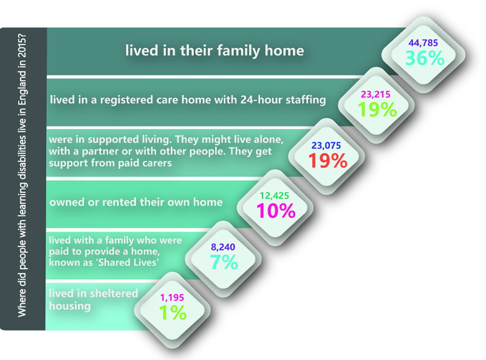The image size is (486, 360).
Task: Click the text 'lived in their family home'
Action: pyautogui.click(x=214, y=50)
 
